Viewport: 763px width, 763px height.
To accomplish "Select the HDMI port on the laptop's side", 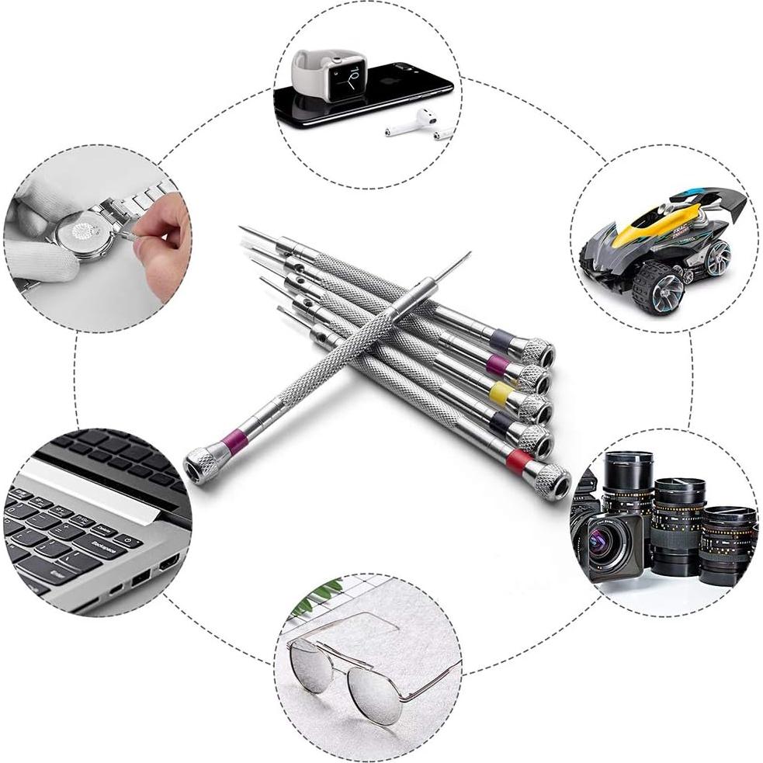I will pyautogui.click(x=168, y=560).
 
